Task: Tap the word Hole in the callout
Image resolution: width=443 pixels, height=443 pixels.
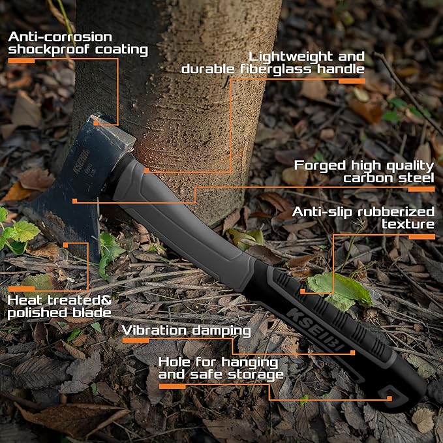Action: coord(176,361)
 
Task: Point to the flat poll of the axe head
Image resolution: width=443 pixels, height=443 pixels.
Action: coord(115,131)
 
